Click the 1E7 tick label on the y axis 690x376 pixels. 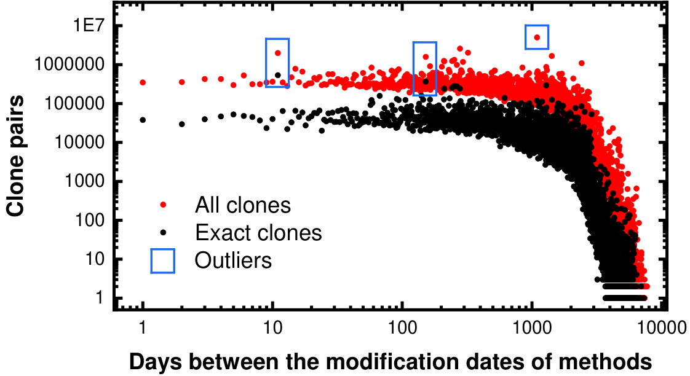89,26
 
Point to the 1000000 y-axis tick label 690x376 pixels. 70,65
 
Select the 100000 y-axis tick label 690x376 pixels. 75,103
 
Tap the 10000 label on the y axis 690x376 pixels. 80,142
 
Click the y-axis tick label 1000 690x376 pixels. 85,181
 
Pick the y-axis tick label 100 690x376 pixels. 90,220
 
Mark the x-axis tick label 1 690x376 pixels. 143,327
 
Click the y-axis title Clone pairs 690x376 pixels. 15,156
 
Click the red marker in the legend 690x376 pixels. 163,205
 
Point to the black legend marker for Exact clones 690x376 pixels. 163,232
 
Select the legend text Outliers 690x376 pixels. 233,260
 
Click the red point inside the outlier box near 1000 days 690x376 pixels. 537,37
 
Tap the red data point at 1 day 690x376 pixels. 143,82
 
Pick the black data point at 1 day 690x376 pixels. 143,120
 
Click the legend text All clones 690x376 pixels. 243,205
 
